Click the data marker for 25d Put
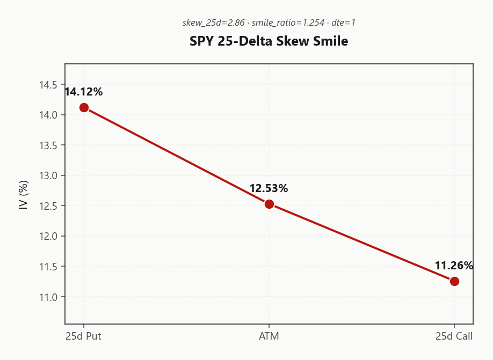point(84,107)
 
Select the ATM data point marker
point(269,204)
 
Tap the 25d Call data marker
point(454,281)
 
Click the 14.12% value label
point(84,92)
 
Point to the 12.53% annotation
point(269,188)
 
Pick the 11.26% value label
point(454,266)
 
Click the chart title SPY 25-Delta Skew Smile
point(269,41)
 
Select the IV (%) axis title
point(23,194)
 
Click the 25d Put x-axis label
point(84,336)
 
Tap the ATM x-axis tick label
point(269,336)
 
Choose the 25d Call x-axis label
point(454,336)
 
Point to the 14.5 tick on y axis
point(48,85)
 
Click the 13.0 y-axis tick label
point(48,175)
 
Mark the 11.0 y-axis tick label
point(48,297)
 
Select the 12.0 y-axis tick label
point(48,236)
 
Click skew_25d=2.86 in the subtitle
point(214,23)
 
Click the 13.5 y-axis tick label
point(48,145)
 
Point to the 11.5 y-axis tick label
point(48,267)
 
